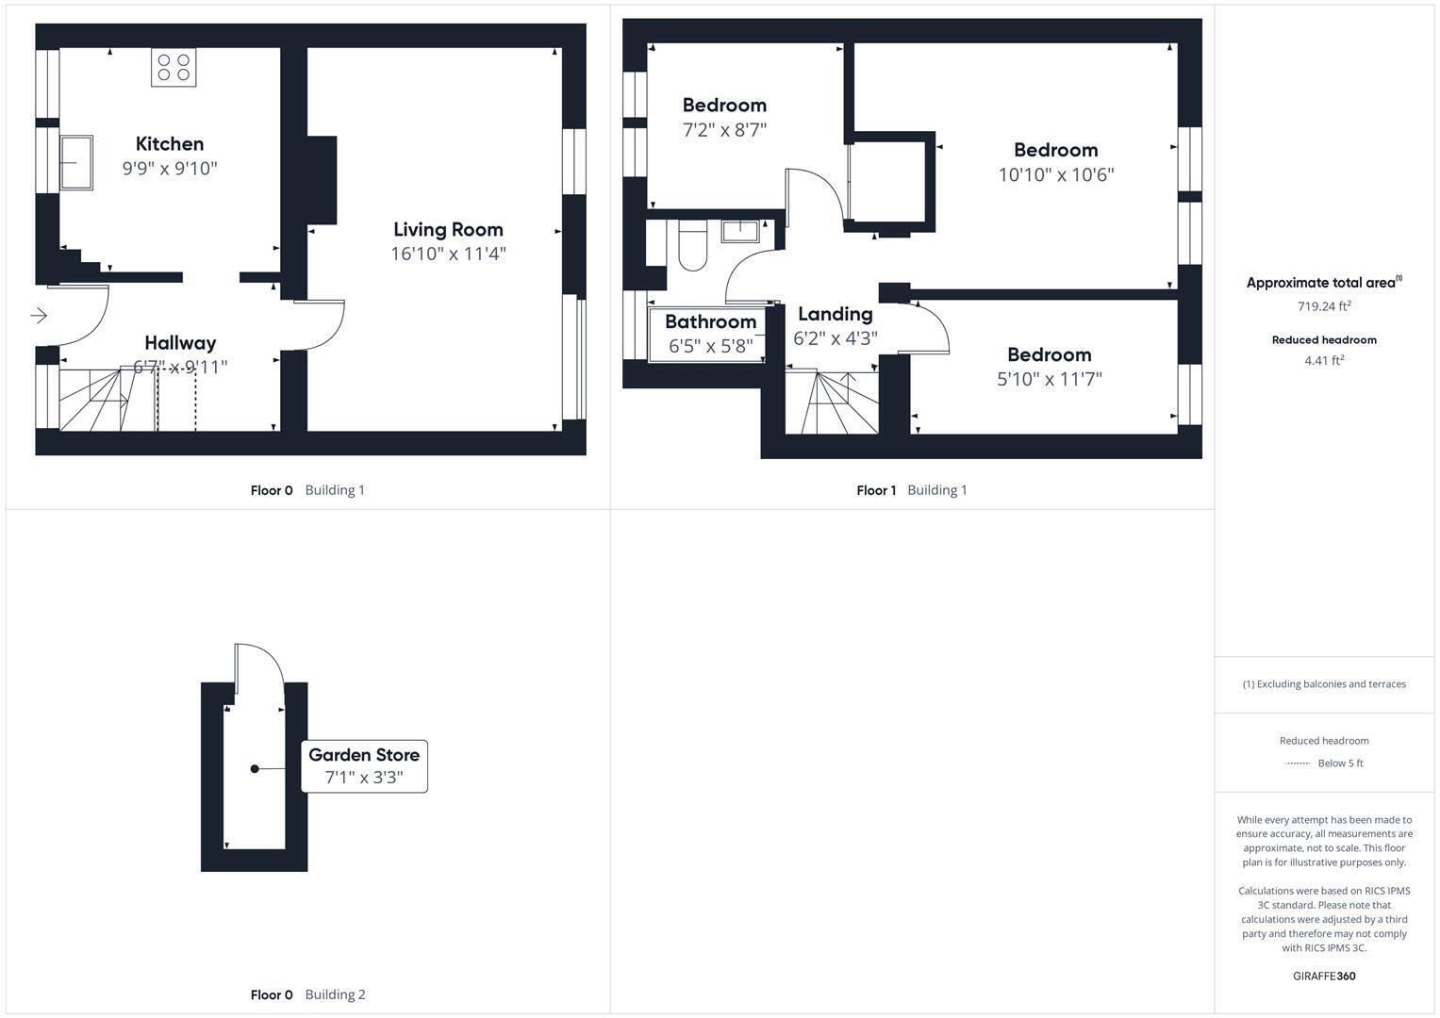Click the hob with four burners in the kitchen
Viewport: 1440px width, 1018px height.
pos(174,67)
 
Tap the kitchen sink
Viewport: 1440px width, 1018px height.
pos(76,162)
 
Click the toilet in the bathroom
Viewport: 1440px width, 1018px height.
pos(692,245)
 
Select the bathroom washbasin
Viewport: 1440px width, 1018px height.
pos(741,230)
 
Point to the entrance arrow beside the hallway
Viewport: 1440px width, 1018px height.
pos(39,315)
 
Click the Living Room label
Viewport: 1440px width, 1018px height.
pos(448,229)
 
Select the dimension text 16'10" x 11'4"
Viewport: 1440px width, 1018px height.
pos(448,254)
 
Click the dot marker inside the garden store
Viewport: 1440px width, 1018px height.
pos(255,769)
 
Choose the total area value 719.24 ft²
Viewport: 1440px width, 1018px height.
pos(1324,306)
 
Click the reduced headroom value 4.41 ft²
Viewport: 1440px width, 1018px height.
pos(1324,360)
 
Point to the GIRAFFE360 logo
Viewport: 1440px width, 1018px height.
pos(1324,976)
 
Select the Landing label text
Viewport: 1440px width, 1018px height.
pos(835,314)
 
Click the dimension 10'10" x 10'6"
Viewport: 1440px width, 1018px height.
pos(1055,174)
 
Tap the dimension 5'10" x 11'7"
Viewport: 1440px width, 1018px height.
pos(1049,379)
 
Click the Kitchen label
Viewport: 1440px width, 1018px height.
pos(170,143)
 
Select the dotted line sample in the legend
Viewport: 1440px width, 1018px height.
pos(1298,763)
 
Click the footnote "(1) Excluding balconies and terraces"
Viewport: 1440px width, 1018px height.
pos(1324,684)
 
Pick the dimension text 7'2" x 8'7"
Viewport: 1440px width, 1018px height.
pos(724,130)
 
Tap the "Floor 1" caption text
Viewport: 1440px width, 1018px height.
pos(876,490)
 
